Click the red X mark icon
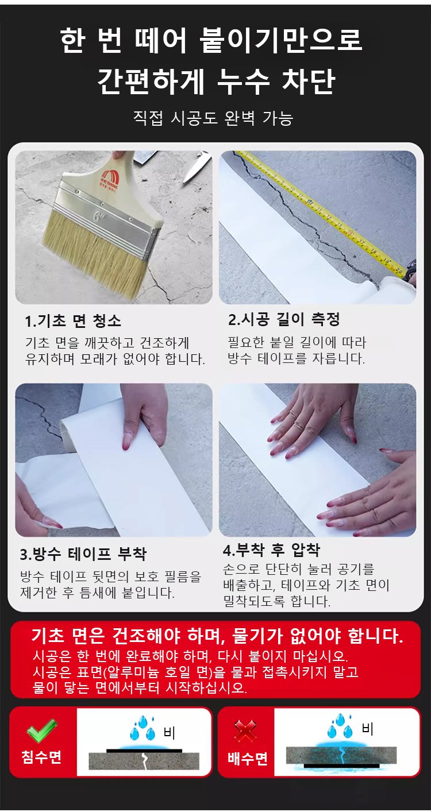(x=245, y=731)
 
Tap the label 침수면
(x=42, y=757)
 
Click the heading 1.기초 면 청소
(x=73, y=321)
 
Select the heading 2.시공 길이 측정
(x=284, y=319)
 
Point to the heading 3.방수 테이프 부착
(x=83, y=554)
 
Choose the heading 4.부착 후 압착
(x=271, y=550)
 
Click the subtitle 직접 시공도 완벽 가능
(x=213, y=118)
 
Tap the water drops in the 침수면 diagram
(x=142, y=728)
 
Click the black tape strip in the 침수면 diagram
(x=144, y=750)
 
